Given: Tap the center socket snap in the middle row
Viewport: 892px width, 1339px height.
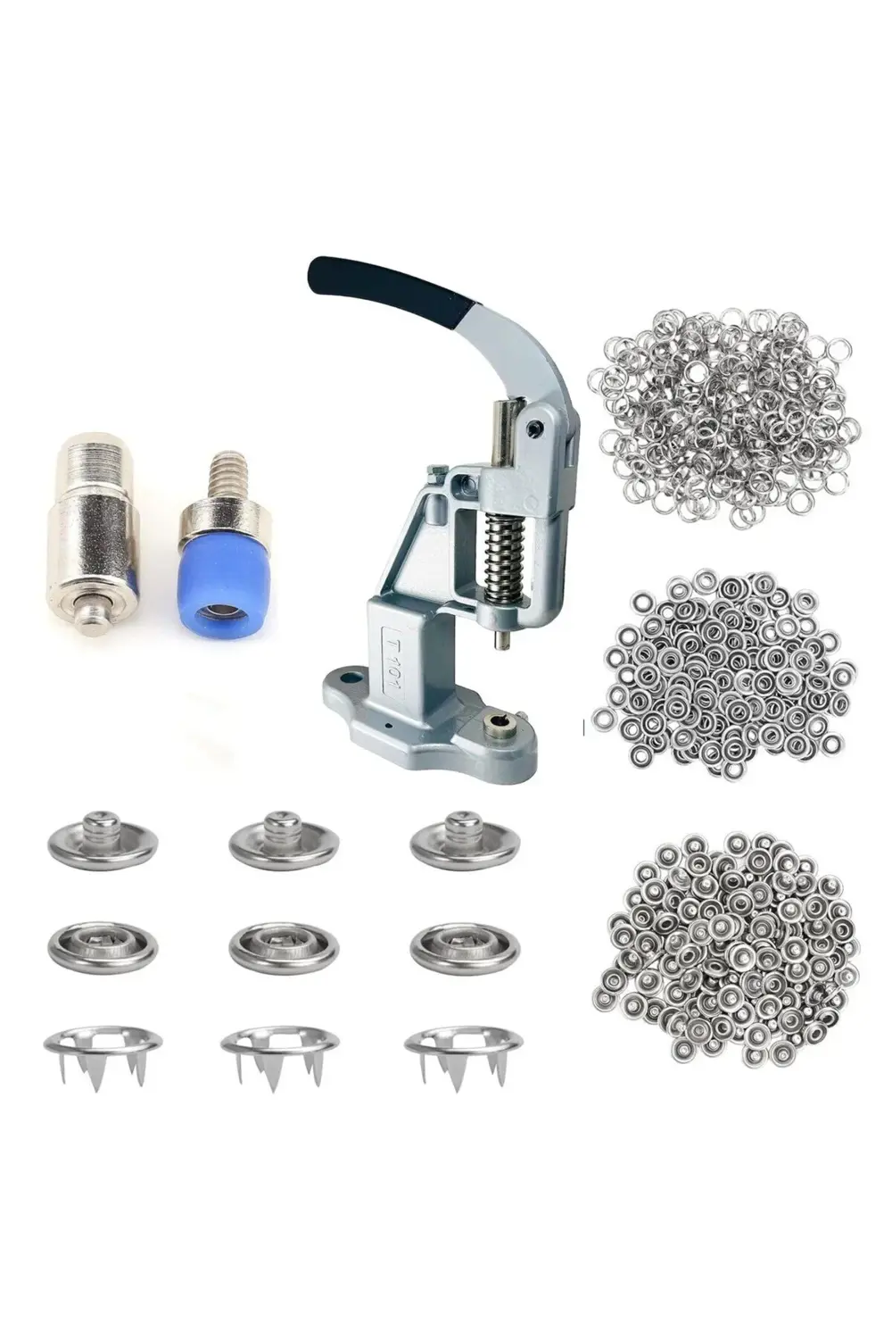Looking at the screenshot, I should (285, 946).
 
